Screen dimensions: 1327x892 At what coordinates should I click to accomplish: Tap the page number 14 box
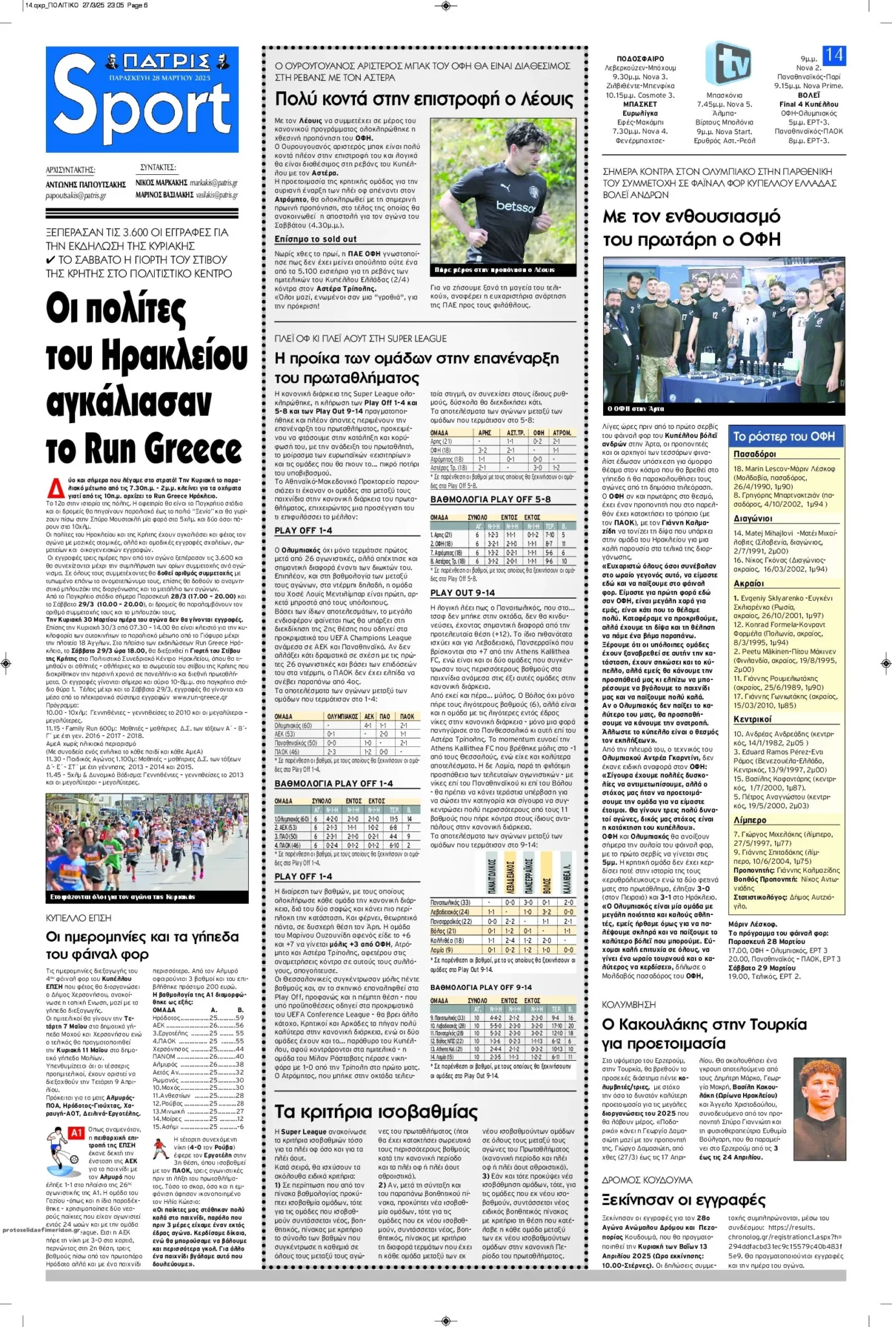(834, 55)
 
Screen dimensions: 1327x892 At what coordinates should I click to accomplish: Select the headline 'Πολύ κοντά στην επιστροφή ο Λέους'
(424, 99)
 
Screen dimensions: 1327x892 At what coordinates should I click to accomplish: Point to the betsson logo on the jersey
(516, 207)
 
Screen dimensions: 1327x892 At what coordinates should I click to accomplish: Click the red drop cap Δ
(56, 487)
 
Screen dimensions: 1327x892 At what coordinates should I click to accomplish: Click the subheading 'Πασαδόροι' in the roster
(755, 454)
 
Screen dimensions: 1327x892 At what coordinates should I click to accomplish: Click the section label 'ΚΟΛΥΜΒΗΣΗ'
(628, 1004)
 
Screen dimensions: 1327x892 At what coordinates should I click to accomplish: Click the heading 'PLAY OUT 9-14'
(463, 593)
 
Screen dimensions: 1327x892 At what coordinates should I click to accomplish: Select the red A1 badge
(76, 1133)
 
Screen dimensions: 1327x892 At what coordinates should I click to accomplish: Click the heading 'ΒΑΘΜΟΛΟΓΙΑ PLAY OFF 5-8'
(490, 500)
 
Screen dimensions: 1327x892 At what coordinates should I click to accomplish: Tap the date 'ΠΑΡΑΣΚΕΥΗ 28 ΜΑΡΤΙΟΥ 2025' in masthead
(160, 78)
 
